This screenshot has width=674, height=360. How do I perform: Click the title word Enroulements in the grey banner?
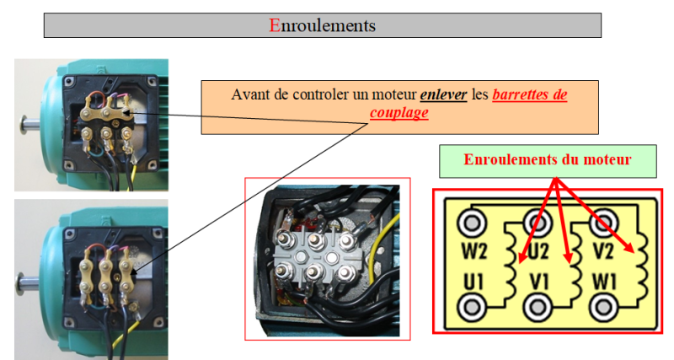coord(323,25)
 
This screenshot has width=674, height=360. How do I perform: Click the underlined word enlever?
coord(443,94)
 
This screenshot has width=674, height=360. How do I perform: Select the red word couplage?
coord(399,113)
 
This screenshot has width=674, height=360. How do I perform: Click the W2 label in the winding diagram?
coord(473,250)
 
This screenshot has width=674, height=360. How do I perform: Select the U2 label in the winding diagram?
coord(538,250)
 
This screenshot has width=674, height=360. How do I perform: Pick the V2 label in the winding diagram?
coord(602,250)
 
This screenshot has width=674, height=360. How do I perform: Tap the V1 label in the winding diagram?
coord(539,282)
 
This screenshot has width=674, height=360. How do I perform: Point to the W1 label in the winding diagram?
coord(604,282)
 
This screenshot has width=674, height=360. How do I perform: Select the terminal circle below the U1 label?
coord(472,308)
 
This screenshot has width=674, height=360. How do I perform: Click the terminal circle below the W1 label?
coord(603,308)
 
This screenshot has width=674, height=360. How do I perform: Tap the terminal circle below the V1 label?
coord(538,308)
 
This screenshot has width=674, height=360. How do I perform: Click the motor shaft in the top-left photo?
coord(31,124)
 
